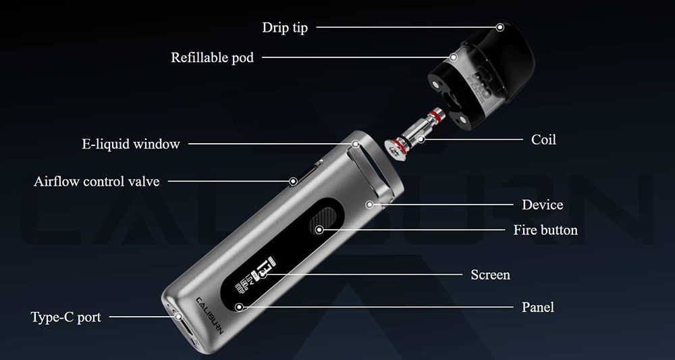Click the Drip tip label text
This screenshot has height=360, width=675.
point(285,28)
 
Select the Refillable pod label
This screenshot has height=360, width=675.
point(212,57)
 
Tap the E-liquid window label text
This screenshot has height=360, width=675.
point(131,144)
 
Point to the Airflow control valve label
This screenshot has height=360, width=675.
point(97,181)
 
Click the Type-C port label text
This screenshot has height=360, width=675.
point(66,317)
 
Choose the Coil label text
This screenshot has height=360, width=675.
point(543,140)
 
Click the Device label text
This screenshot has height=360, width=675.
point(543,205)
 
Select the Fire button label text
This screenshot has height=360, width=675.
point(545,230)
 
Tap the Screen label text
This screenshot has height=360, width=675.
point(490,275)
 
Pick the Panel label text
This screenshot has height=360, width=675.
point(538,307)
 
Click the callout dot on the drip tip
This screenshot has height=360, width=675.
point(500,27)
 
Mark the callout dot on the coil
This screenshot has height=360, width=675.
point(421,139)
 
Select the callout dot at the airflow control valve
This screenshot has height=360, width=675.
point(293,181)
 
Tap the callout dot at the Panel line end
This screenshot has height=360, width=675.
point(240,307)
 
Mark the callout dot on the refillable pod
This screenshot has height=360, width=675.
point(454,57)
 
